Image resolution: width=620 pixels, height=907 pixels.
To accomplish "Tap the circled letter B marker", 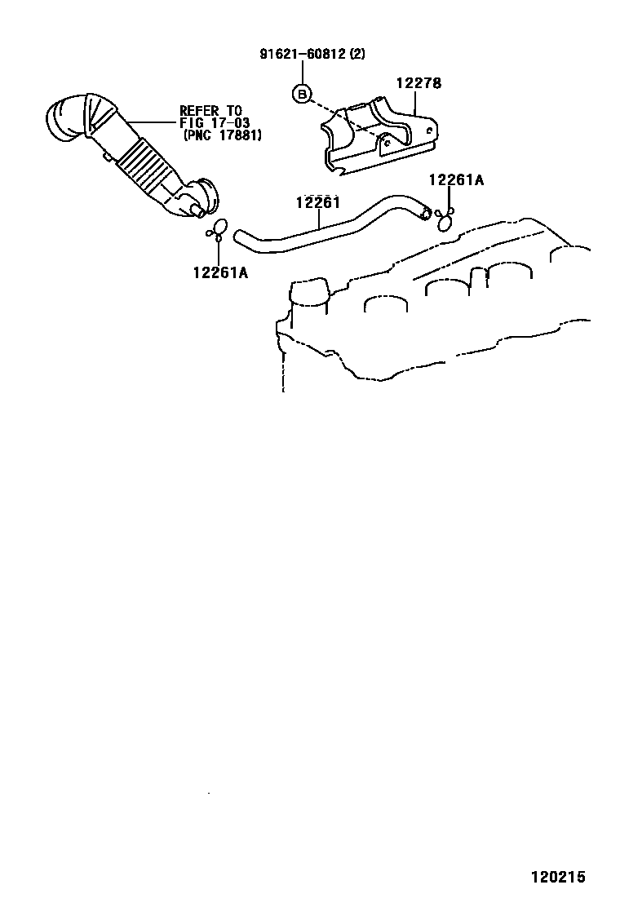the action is coord(302,95).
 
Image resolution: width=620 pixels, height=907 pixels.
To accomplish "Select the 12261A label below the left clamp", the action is coord(220,272).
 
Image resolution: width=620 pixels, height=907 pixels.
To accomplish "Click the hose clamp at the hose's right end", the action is coord(445,219).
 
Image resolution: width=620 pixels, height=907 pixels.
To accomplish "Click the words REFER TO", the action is coord(210,111).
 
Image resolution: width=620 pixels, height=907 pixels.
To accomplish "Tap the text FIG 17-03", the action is coord(215,123).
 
